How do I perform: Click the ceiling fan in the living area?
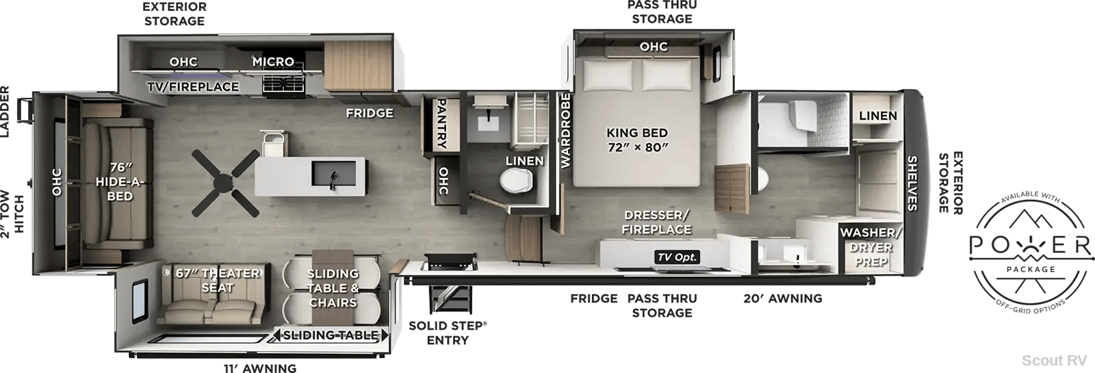point(225,183)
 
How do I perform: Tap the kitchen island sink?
point(333,175)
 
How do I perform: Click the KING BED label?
point(637,133)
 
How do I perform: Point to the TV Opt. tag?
point(677,257)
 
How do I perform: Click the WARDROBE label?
point(565,131)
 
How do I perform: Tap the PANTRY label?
point(441,124)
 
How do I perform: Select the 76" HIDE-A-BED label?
point(120,182)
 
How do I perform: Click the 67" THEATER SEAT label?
point(218,280)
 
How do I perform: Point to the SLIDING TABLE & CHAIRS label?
point(333,288)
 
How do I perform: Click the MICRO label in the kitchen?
point(273,62)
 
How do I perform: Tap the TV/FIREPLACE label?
point(193,86)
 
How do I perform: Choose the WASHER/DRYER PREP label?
point(871,247)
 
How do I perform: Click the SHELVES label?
point(912,183)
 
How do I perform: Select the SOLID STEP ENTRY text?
point(448,333)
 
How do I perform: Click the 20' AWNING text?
point(783,298)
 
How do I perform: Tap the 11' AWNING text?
point(260,368)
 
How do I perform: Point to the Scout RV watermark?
point(1054,360)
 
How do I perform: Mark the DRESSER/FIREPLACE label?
point(656,222)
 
